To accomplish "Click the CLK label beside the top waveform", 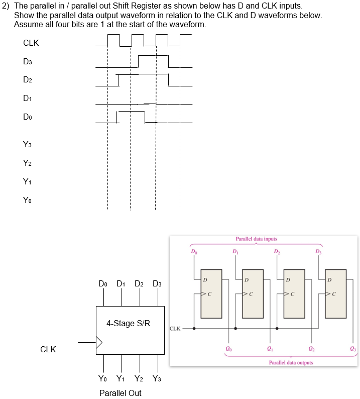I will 31,43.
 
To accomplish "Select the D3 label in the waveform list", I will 28,62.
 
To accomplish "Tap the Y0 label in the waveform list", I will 28,201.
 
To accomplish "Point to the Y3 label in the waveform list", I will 28,145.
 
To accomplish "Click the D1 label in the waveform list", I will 28,98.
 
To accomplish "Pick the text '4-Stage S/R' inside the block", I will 128,323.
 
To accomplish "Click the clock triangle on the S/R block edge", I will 99,343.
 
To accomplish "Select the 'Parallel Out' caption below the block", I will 120,393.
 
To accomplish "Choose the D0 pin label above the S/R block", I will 103,284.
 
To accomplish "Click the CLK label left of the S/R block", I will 48,349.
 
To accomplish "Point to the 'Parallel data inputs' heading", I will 256,239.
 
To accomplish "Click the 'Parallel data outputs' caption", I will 291,362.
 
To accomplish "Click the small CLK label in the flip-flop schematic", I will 175,329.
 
